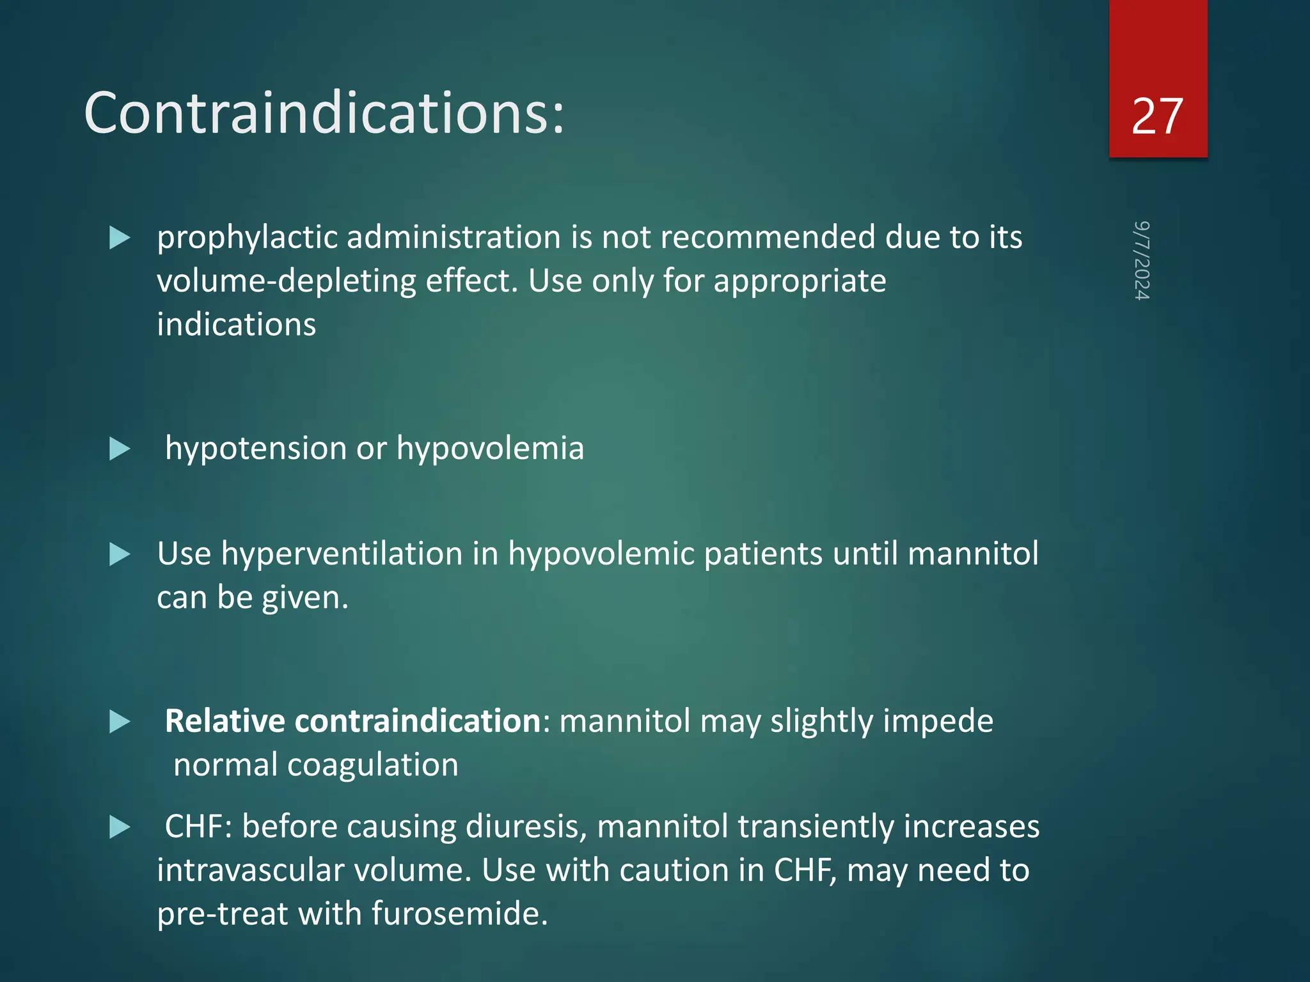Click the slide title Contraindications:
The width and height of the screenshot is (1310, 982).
pyautogui.click(x=324, y=113)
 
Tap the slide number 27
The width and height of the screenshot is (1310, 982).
pyautogui.click(x=1157, y=116)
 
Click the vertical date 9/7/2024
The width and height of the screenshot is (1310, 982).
pyautogui.click(x=1142, y=260)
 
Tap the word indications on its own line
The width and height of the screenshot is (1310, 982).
pyautogui.click(x=236, y=324)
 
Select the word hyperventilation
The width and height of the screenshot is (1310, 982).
pyautogui.click(x=342, y=554)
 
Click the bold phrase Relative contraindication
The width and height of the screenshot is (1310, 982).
pyautogui.click(x=353, y=721)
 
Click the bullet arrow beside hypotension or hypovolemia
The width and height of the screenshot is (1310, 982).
pyautogui.click(x=120, y=449)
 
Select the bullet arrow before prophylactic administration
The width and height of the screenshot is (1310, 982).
pyautogui.click(x=120, y=238)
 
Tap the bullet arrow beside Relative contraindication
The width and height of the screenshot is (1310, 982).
pyautogui.click(x=120, y=722)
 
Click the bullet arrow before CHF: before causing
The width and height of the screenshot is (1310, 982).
pyautogui.click(x=120, y=827)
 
